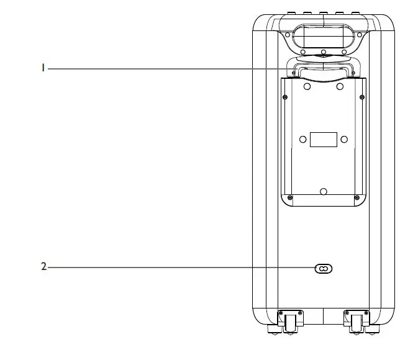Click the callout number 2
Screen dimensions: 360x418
tap(43, 268)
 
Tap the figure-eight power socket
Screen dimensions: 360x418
tap(323, 268)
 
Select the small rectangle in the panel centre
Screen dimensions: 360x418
tap(323, 140)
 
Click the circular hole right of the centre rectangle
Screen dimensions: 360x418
tap(344, 140)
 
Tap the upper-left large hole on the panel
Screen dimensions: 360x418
tap(306, 87)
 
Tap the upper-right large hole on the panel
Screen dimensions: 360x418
tap(340, 87)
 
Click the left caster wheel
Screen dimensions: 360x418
tap(290, 323)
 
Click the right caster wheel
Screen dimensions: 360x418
tap(357, 323)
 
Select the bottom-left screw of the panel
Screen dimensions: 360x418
tap(289, 197)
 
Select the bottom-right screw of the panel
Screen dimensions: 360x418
tap(357, 197)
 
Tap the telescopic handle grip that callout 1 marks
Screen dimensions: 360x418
tap(323, 68)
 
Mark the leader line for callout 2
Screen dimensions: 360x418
tap(180, 268)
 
